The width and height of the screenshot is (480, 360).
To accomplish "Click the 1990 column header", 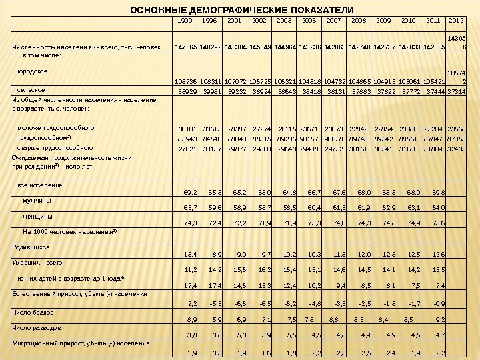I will pyautogui.click(x=185, y=21).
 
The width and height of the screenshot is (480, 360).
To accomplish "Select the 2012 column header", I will pyautogui.click(x=457, y=21).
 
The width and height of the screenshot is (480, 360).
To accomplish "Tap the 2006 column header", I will pyautogui.click(x=309, y=21).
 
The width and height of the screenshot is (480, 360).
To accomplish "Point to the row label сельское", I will pyautogui.click(x=31, y=89).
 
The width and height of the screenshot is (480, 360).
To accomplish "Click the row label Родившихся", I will pyautogui.click(x=30, y=246).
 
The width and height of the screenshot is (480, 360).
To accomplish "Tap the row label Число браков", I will pyautogui.click(x=33, y=311).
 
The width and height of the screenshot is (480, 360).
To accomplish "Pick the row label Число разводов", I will pyautogui.click(x=37, y=327).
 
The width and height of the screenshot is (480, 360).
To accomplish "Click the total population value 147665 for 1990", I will pyautogui.click(x=184, y=48).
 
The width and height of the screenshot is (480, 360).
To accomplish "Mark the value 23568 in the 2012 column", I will pyautogui.click(x=456, y=128).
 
